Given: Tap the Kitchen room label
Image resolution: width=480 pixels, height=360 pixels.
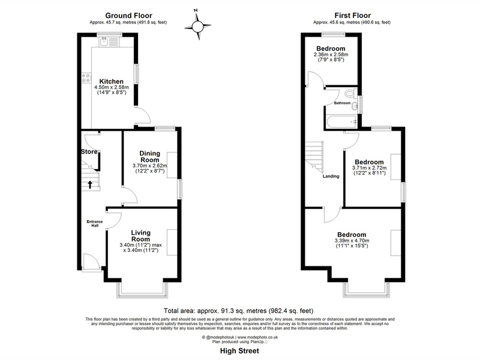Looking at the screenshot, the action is coord(112,82).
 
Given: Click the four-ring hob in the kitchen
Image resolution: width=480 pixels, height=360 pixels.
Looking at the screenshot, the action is coord(86,78).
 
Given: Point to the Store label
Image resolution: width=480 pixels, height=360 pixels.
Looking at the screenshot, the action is coord(89,152).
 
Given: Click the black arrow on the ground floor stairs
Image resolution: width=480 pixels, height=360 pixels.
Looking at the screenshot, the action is coord(90,184).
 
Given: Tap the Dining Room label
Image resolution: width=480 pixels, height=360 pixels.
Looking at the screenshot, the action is coord(149,157).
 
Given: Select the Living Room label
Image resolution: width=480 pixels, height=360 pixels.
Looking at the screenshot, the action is coord(141,236).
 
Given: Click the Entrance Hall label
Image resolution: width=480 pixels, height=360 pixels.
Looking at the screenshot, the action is coord(95,223).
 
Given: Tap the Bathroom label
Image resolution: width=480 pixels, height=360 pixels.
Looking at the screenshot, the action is coord(342,103).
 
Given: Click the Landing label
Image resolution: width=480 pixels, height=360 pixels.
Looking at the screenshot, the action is coord(331,176).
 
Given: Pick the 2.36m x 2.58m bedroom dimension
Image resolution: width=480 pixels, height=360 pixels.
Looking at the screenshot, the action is coord(331,55).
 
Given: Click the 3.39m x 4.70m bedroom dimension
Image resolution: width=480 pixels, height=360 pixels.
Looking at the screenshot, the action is coord(352,241).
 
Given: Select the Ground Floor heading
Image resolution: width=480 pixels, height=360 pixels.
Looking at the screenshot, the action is coord(128,16).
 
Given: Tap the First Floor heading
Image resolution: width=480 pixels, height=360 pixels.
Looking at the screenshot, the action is coord(353,16).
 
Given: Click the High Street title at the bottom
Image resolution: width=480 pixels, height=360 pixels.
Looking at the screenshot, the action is coord(239,351).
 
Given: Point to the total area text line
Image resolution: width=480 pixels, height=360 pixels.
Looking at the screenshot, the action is coord(238,311).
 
